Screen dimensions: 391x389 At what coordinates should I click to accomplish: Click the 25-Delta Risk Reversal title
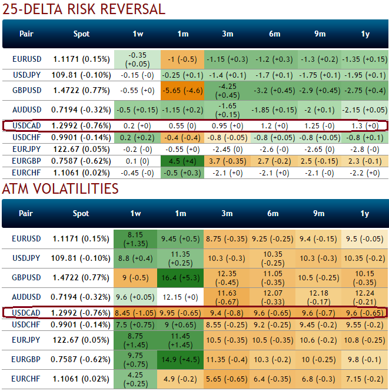click(x=83, y=9)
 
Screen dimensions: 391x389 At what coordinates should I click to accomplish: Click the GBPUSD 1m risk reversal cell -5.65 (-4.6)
click(x=183, y=90)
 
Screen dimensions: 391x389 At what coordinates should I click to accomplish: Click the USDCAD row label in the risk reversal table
click(x=26, y=125)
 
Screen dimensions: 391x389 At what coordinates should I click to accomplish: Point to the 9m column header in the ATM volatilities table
click(x=320, y=213)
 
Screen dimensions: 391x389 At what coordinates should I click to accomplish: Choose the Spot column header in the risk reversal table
click(x=82, y=34)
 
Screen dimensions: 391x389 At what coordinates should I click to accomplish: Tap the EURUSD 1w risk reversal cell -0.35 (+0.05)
click(x=137, y=59)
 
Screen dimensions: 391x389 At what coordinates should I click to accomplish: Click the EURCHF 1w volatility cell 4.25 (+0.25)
click(x=137, y=379)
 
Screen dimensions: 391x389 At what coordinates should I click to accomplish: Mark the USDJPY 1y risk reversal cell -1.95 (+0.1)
click(x=365, y=75)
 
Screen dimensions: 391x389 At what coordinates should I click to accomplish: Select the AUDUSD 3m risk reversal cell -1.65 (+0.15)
click(x=229, y=110)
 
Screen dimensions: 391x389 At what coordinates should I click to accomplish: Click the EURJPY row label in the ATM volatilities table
click(x=26, y=340)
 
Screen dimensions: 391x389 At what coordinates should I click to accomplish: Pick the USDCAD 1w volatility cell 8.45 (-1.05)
click(x=137, y=313)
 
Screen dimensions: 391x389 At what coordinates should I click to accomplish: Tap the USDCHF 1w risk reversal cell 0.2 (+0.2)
click(x=137, y=137)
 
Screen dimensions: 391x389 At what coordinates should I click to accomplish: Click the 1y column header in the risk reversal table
click(x=365, y=34)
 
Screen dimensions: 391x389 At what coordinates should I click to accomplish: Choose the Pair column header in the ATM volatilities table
click(x=26, y=213)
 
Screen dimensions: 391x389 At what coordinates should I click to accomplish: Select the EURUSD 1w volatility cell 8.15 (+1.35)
click(x=137, y=238)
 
